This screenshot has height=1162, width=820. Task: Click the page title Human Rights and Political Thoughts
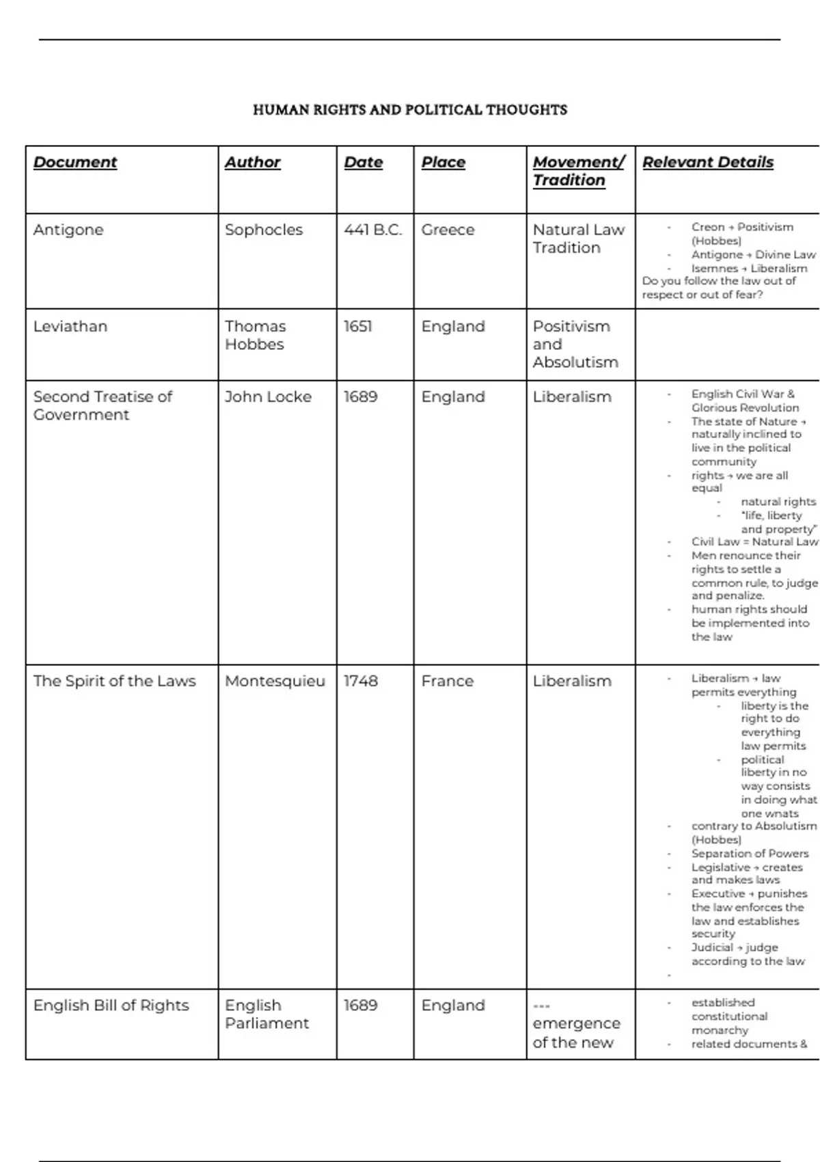[x=410, y=109]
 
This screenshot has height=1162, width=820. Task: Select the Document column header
[x=75, y=162]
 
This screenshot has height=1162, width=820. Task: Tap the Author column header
[x=253, y=162]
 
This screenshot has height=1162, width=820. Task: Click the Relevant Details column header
[x=708, y=162]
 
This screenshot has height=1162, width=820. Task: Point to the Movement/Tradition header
[x=578, y=171]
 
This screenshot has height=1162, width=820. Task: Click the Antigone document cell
[x=68, y=230]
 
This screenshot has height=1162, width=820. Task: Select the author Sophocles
[x=264, y=230]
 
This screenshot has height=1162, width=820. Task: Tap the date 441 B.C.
[x=373, y=230]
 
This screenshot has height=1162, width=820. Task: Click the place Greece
[x=448, y=230]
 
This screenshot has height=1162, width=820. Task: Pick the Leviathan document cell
[x=70, y=327]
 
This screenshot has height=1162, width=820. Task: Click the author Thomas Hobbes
[x=256, y=335]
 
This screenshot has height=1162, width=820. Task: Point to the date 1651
[x=358, y=327]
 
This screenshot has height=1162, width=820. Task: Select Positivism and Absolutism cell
[x=575, y=344]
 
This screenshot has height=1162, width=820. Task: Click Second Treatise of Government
[x=102, y=405]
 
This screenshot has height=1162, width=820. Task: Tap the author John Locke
[x=268, y=396]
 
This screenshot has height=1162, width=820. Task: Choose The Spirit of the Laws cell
[x=115, y=681]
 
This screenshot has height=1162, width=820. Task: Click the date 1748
[x=361, y=681]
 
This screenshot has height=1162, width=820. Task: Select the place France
[x=448, y=681]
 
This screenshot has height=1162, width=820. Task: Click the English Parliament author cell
[x=266, y=1014]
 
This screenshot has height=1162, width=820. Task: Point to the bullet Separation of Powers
[x=750, y=854]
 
